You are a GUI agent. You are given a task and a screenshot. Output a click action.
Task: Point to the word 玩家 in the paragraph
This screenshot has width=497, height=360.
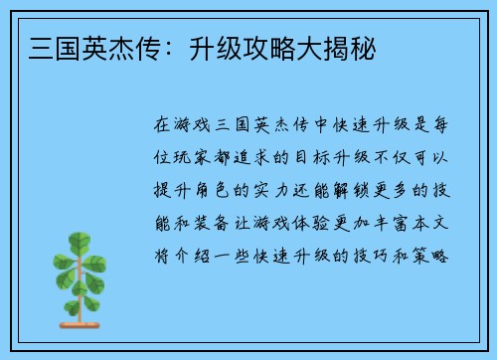[x=196, y=158]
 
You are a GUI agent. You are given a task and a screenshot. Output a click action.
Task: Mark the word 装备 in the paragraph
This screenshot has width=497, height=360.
[x=217, y=222]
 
